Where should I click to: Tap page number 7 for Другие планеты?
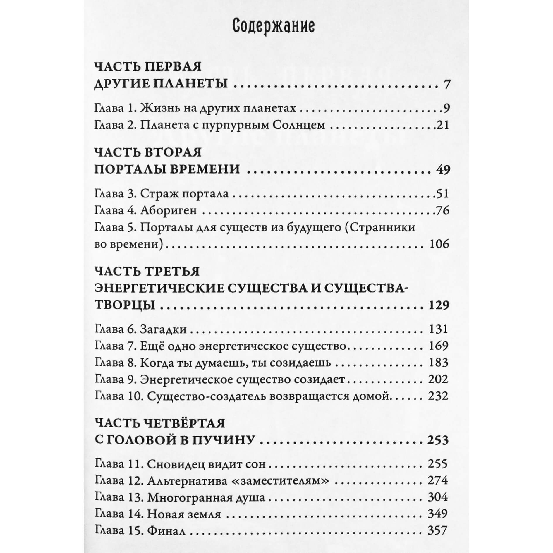click(446, 85)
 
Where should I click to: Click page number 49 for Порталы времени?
click(442, 169)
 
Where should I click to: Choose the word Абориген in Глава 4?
click(168, 211)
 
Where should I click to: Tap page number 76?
click(443, 211)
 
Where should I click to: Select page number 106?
click(439, 244)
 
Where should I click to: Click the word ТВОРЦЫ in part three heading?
click(125, 305)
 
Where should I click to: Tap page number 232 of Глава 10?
click(438, 396)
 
